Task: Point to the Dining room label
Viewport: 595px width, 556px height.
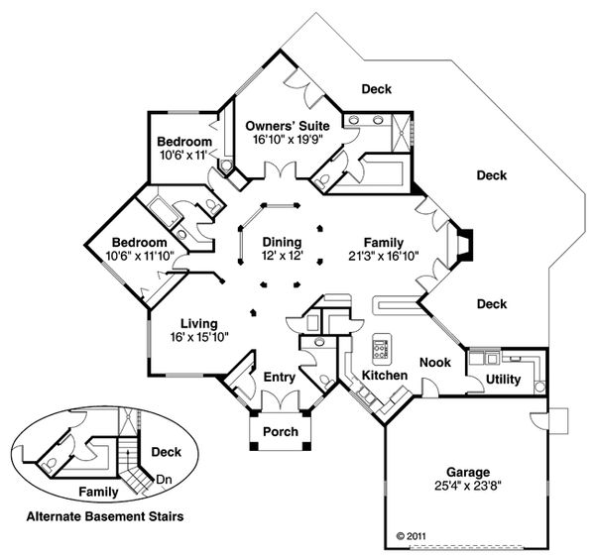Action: point(282,241)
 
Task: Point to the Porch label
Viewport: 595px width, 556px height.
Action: point(280,432)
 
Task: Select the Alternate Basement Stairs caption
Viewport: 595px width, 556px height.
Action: point(104,516)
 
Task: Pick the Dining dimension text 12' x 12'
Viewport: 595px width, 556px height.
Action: point(282,255)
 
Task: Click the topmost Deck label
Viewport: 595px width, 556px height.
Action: point(376,89)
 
